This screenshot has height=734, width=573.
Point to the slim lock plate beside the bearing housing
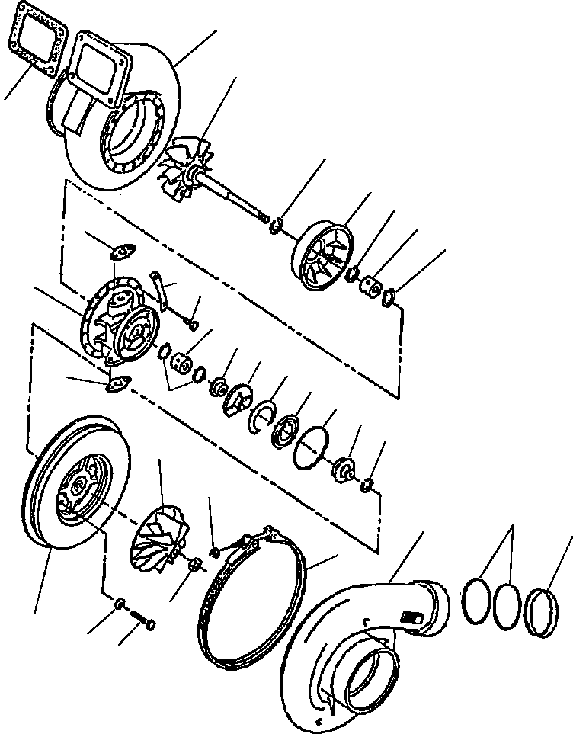[x=160, y=290]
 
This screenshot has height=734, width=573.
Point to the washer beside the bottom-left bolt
[x=120, y=605]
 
